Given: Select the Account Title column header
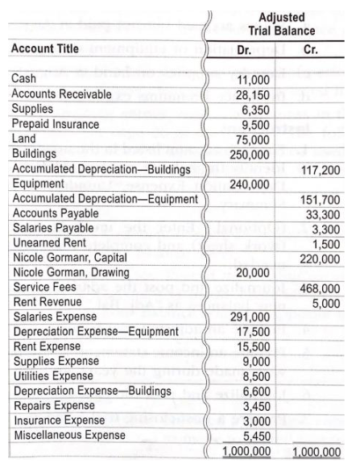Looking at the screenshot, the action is coord(45,48).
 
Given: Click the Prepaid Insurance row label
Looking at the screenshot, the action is coord(55,124).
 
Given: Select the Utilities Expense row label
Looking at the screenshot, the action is coord(51,375).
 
